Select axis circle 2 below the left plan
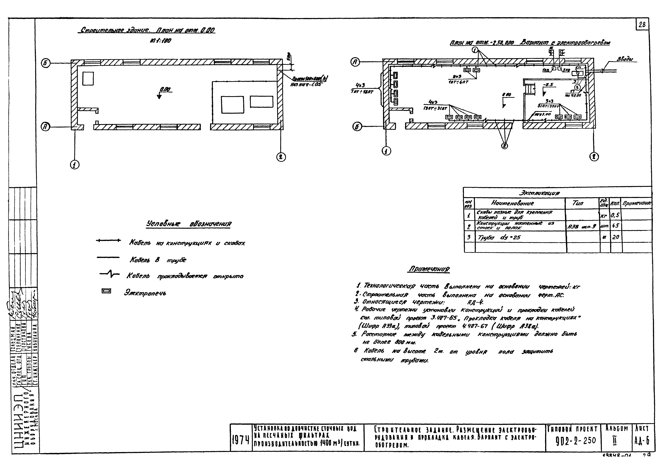coord(281,157)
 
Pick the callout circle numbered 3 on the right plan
coord(577,87)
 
